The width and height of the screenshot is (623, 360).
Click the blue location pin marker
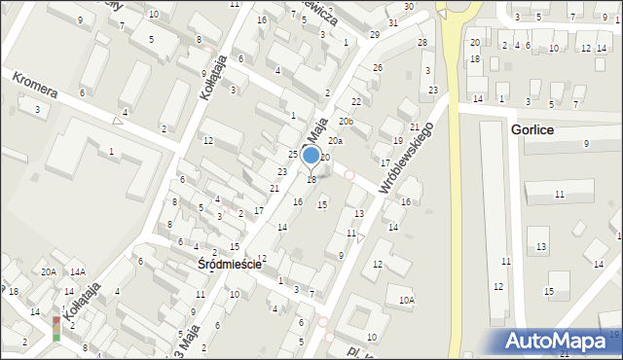pos(311,156)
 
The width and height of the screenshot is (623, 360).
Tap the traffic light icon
pos(56,328)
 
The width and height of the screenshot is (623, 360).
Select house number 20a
pos(335,141)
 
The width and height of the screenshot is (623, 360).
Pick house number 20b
pos(346,122)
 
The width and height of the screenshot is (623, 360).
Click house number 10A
pos(407,301)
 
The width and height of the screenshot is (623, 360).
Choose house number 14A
pos(77,272)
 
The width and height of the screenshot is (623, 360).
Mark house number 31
pos(392,22)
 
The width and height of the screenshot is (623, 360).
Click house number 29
pos(375,35)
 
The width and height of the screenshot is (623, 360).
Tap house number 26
pos(378,67)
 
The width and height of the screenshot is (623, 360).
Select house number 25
pos(292,155)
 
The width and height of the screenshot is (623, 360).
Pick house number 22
pos(356,101)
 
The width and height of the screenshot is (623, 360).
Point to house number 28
pos(422,42)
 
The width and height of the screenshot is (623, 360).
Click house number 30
pos(409,7)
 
